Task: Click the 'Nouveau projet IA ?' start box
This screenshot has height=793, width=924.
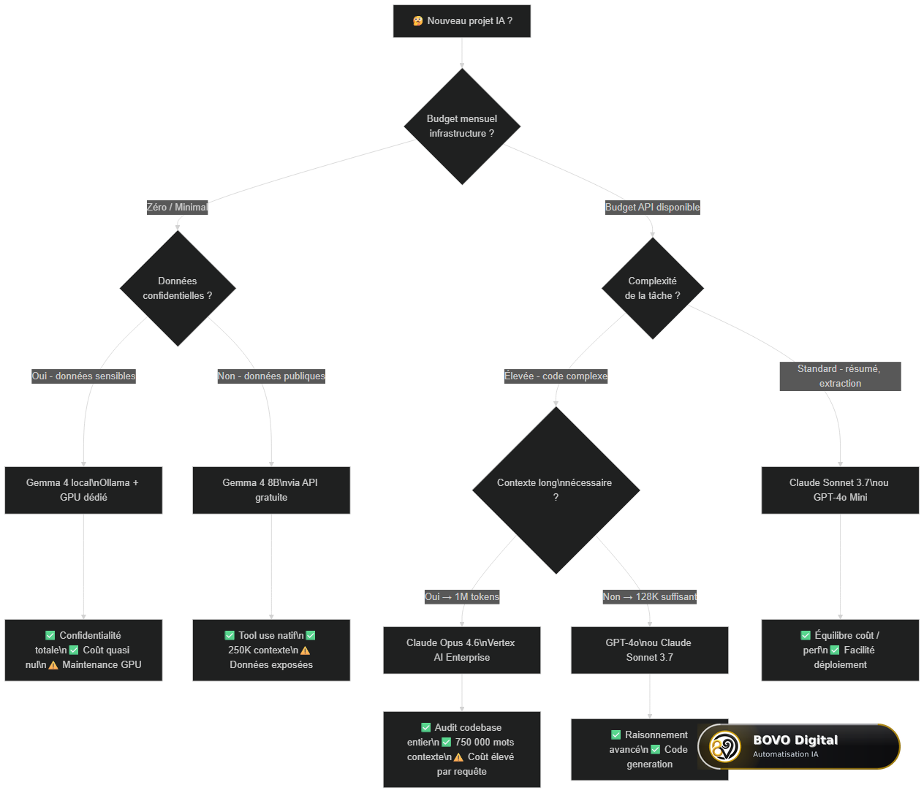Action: click(x=462, y=21)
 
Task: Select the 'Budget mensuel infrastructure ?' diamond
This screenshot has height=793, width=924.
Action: click(x=462, y=126)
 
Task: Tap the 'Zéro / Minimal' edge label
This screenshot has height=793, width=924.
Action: click(x=177, y=207)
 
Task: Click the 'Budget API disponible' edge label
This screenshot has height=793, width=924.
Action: click(x=652, y=207)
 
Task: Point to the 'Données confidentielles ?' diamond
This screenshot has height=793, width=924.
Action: click(x=178, y=288)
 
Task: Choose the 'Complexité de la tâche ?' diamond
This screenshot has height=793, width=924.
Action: click(x=652, y=288)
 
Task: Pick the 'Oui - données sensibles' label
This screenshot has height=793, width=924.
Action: click(x=83, y=376)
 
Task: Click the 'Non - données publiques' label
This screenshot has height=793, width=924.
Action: click(x=271, y=376)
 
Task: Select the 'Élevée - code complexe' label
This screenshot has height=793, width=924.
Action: click(x=556, y=376)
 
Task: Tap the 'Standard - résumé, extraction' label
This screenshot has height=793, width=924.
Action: click(x=840, y=376)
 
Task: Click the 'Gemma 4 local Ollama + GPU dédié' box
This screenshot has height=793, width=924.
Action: click(x=83, y=490)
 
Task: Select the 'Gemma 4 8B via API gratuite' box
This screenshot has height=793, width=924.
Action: click(x=271, y=490)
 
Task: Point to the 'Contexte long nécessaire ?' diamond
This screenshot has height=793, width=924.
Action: click(x=556, y=490)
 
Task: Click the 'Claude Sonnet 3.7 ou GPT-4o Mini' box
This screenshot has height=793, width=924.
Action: click(x=840, y=490)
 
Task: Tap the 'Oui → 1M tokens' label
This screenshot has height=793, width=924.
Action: click(x=462, y=596)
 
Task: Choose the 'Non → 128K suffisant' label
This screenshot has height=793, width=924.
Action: click(x=650, y=596)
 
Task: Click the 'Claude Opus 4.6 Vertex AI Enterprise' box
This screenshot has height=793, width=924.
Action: click(x=462, y=650)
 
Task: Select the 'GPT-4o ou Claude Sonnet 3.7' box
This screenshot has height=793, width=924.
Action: click(x=650, y=650)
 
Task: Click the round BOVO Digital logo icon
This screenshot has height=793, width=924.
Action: click(x=724, y=746)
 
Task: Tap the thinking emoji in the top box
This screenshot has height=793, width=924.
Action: click(x=417, y=21)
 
